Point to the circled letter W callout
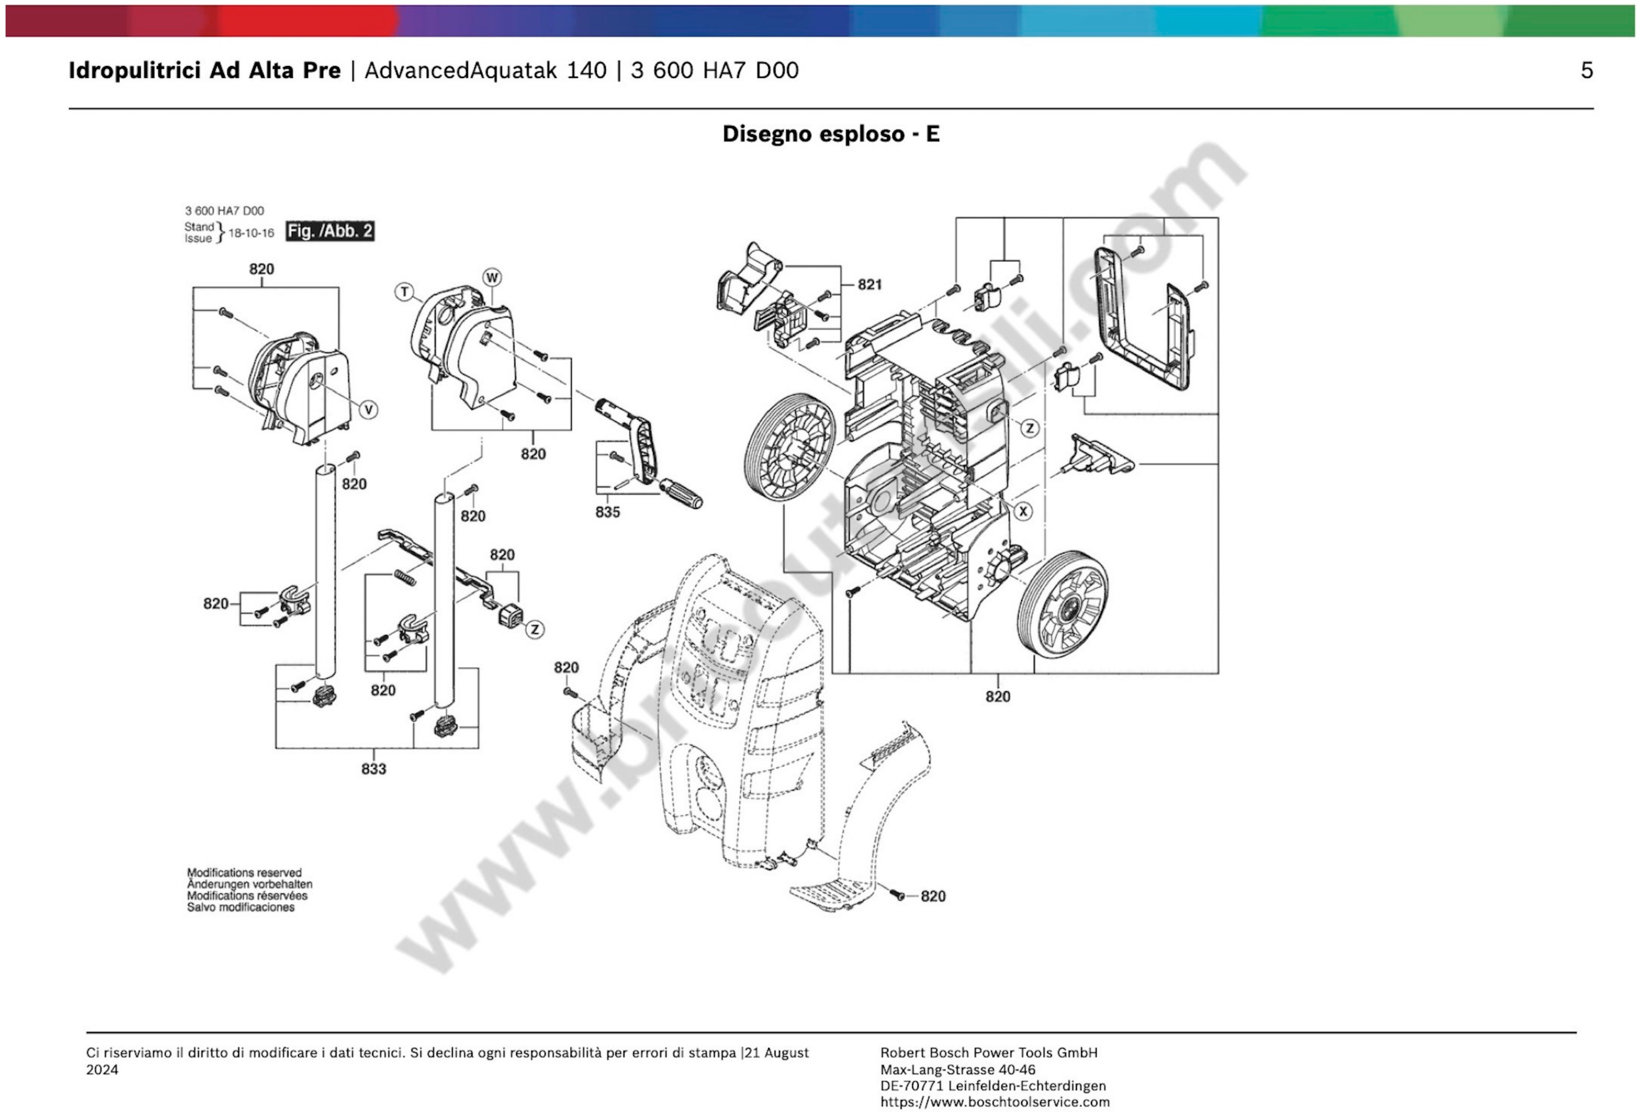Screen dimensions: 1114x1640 492,277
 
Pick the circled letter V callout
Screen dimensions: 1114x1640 368,410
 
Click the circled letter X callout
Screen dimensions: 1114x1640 1023,511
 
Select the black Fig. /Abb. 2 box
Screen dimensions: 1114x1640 330,231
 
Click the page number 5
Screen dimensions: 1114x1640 1586,71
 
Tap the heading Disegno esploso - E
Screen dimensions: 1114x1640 831,134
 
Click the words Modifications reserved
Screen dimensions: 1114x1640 244,873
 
